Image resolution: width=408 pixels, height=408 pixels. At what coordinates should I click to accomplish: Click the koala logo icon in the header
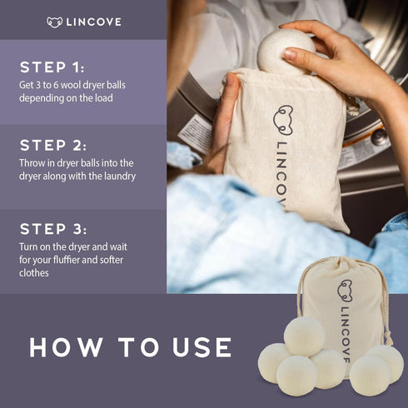coord(54,22)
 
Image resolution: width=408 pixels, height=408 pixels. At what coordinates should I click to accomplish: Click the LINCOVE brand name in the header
coord(94,22)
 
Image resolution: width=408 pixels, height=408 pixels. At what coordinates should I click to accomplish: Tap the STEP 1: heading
coord(52,67)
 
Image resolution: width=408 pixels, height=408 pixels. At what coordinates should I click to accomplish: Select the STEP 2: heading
coord(53,146)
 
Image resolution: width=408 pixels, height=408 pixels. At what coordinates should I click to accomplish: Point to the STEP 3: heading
coord(53,229)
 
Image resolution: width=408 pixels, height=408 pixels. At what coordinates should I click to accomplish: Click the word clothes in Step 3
coord(34,273)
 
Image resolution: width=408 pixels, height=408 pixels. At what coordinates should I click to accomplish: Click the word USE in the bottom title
coord(202,347)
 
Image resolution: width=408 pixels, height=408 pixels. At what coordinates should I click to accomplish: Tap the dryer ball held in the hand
coord(285,52)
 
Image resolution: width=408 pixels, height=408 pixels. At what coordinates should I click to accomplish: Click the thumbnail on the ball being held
coord(291,54)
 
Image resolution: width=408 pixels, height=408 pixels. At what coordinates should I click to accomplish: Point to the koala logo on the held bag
coord(283,120)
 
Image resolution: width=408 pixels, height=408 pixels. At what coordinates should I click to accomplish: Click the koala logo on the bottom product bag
coord(345,291)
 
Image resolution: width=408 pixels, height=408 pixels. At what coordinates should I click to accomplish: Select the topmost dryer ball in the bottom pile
coord(305,336)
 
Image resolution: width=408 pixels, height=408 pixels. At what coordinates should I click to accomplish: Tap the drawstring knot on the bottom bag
coord(388,337)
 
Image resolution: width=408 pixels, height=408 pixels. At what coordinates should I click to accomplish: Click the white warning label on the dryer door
coord(195,133)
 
